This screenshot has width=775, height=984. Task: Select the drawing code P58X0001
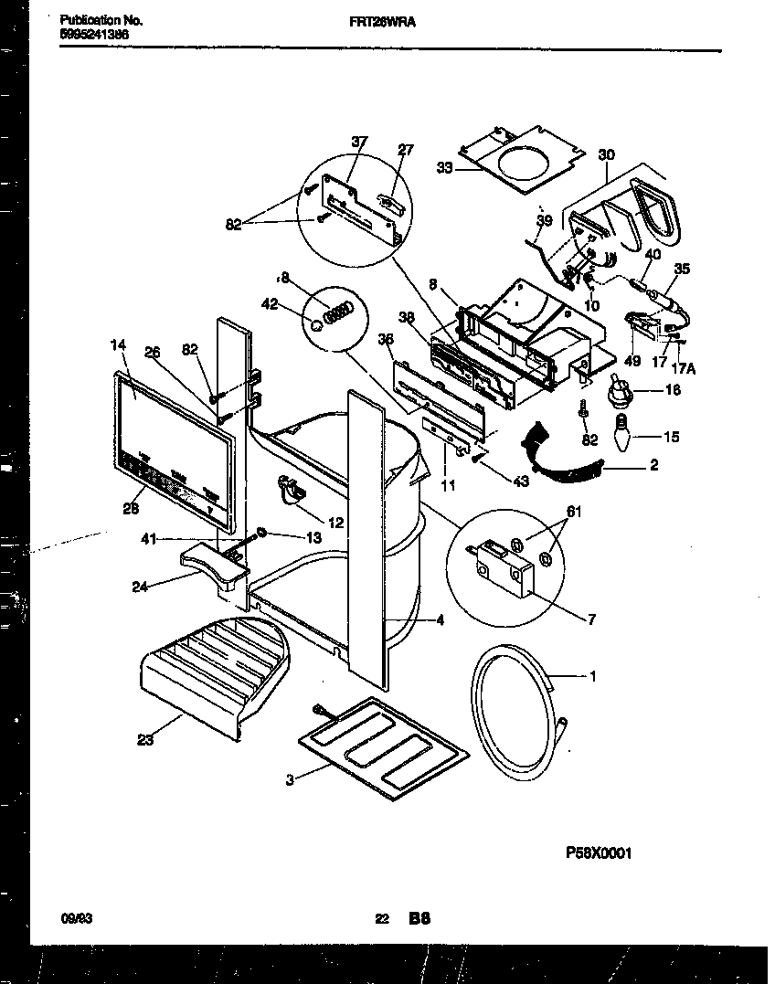coord(599,853)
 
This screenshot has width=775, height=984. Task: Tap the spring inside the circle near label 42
coord(340,313)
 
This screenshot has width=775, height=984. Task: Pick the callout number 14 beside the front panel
coord(118,344)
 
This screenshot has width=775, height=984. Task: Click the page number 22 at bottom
coord(382,920)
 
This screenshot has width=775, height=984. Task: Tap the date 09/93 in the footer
coord(78,920)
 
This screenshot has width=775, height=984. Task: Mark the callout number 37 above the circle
coord(359,141)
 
